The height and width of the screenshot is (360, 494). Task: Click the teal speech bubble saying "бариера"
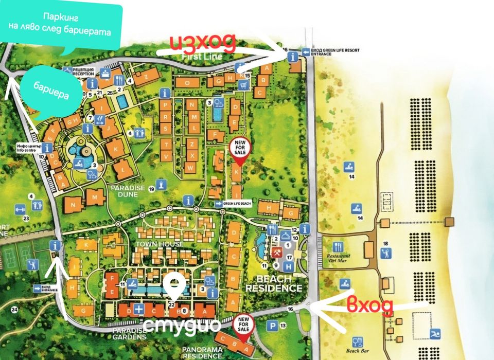pyautogui.click(x=51, y=93)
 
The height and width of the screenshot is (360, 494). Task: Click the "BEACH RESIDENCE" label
pyautogui.click(x=273, y=283)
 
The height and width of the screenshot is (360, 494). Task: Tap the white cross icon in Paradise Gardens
pyautogui.click(x=138, y=309)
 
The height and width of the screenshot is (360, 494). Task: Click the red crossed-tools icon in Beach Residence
pyautogui.click(x=276, y=253)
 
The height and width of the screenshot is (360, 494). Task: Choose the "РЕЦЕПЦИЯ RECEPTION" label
pyautogui.click(x=83, y=71)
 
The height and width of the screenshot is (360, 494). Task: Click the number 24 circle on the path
pyautogui.click(x=15, y=310)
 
